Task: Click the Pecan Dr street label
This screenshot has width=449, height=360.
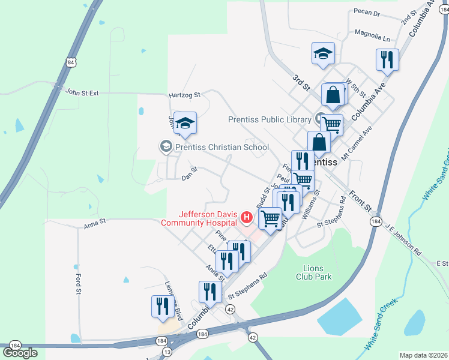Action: (367, 13)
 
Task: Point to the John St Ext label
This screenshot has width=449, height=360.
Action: (81, 92)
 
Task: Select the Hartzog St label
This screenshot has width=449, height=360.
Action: (184, 95)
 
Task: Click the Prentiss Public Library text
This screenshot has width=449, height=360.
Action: (270, 119)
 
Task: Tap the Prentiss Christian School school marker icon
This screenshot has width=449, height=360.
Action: (165, 146)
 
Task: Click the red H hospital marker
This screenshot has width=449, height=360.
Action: (245, 217)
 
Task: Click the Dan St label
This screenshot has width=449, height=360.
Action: (190, 177)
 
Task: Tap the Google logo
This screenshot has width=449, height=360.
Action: (20, 353)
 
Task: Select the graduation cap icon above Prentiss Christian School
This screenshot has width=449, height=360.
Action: (185, 122)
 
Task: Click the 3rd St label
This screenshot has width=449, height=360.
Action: (300, 83)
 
